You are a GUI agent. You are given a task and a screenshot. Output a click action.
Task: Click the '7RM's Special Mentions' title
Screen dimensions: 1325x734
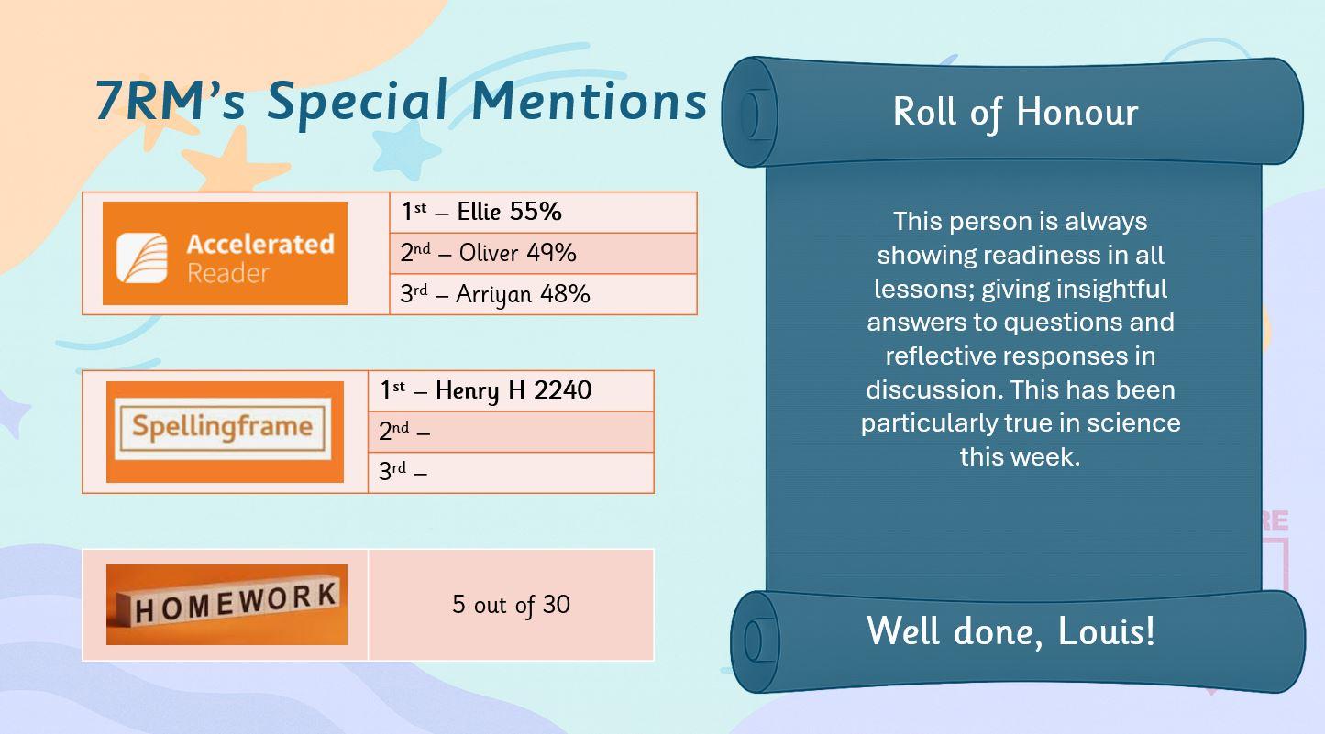[x=401, y=102]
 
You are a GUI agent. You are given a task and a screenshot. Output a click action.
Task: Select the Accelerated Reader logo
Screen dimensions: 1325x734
[x=225, y=253]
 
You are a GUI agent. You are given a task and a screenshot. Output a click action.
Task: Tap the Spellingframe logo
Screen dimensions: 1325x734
[x=225, y=432]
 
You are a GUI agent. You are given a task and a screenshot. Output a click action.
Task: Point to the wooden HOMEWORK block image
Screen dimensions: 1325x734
[x=226, y=604]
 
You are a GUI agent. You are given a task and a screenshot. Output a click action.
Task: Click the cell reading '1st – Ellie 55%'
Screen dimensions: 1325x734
[x=543, y=213]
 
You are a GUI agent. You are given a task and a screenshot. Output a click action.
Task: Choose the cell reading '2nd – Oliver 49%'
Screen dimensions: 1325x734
[x=543, y=253]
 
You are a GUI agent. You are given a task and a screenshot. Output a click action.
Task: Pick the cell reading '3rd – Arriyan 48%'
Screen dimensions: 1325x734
[x=543, y=294]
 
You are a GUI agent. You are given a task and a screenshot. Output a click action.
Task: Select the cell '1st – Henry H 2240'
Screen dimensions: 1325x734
[x=511, y=390]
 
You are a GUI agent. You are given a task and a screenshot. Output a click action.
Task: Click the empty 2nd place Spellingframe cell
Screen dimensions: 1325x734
[x=511, y=432]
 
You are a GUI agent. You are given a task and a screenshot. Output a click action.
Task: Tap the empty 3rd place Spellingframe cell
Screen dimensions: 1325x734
[x=511, y=472]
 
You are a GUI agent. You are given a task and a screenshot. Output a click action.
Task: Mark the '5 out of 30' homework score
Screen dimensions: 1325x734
[x=511, y=604]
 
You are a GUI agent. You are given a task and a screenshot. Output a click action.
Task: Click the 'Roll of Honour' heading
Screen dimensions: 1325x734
[x=1015, y=111]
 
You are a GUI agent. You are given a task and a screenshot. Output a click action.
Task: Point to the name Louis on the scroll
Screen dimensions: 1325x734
[x=1106, y=631]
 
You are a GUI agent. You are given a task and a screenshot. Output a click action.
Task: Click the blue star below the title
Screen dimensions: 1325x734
[x=405, y=149]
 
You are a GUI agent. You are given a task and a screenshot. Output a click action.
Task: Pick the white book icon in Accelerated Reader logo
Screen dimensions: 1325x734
[x=142, y=257]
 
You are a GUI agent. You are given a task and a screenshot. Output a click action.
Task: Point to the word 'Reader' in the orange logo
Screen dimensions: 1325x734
[x=228, y=274]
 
